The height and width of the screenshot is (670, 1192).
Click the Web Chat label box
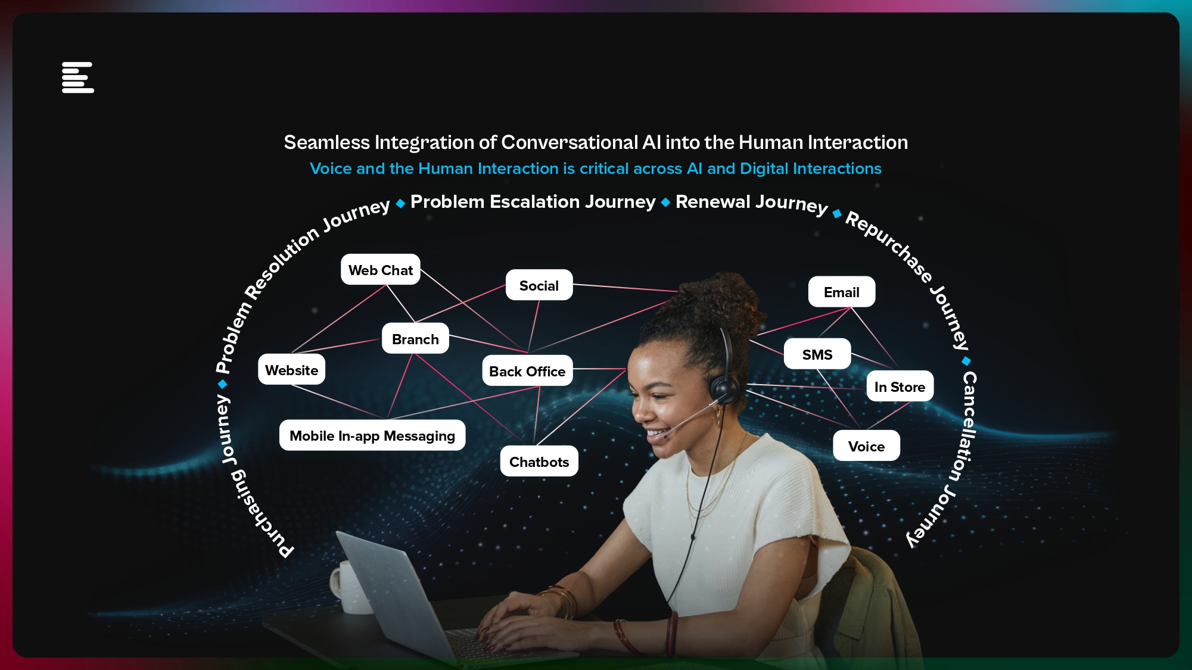(380, 270)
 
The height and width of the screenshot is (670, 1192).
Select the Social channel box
(539, 285)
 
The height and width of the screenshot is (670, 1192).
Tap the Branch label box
(415, 339)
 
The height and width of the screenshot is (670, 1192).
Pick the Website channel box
(291, 370)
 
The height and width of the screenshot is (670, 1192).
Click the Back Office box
(527, 371)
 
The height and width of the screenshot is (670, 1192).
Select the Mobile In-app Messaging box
(372, 435)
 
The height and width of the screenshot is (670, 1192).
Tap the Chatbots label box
(539, 462)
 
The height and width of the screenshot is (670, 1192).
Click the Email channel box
(841, 292)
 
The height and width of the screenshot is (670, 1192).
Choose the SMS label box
(817, 354)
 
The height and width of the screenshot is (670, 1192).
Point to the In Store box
(900, 387)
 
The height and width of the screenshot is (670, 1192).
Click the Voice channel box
(866, 446)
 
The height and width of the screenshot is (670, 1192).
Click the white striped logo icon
(78, 77)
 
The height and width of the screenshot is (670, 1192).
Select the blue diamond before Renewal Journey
(665, 202)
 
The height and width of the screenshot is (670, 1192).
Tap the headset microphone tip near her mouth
(665, 435)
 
